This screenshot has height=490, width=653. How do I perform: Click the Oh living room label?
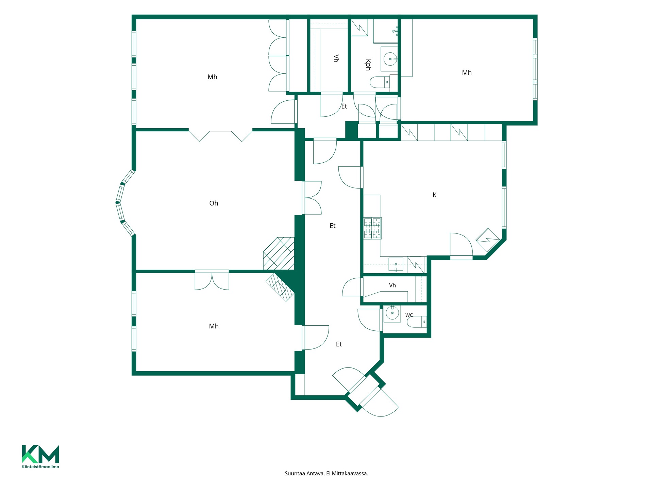coord(214,203)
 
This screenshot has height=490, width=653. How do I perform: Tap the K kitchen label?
coord(434,195)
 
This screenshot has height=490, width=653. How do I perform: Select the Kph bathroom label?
coord(368,65)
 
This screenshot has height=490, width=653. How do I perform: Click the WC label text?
coord(409,315)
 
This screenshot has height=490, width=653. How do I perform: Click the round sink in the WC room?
coord(392,313)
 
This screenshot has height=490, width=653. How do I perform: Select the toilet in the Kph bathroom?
coord(380,82)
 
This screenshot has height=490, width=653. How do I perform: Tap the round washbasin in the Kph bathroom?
coord(390,59)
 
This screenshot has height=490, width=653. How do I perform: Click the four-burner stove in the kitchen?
coord(372,228)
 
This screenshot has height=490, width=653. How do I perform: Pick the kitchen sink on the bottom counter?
coord(396,264)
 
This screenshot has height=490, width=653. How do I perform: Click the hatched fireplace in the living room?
coord(279,254)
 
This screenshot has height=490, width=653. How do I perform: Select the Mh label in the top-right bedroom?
coord(467,73)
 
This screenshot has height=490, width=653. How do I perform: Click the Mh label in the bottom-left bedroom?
coord(214,326)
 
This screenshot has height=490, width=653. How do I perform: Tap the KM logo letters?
coord(40,454)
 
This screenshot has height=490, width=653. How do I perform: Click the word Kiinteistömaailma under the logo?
coord(40,467)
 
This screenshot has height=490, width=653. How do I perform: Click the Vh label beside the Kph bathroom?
coord(336,59)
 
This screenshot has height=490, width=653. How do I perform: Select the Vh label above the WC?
coord(392,285)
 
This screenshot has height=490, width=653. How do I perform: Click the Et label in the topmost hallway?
coord(344,107)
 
